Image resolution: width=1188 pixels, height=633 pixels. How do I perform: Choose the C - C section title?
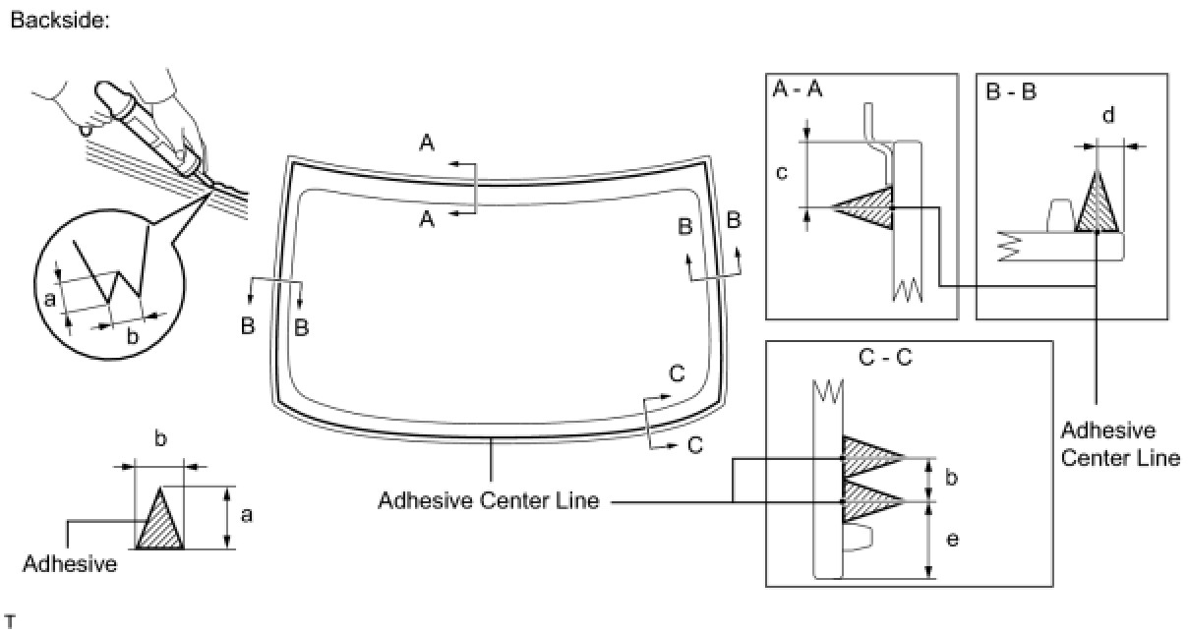884,358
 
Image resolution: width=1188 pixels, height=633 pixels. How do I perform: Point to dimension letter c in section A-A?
783,174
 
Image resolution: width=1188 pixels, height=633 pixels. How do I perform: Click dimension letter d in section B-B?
1108,116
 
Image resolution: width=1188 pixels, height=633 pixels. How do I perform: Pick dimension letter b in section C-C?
950,479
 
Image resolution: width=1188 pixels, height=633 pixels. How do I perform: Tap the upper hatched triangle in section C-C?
868,457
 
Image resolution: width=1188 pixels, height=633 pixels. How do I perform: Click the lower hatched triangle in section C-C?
868,500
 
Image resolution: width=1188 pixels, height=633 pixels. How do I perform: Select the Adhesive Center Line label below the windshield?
489,501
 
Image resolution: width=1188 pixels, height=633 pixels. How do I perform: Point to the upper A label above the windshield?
427,144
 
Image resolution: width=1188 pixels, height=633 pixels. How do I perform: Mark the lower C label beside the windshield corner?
695,444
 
